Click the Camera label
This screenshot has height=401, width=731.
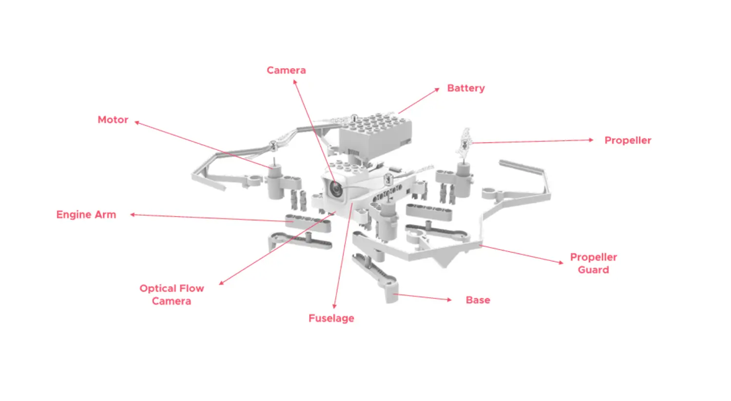286,70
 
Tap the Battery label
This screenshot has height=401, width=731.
466,88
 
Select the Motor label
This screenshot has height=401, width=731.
113,120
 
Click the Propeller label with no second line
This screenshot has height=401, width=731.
628,140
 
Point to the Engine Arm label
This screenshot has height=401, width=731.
86,215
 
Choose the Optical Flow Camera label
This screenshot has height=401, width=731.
172,294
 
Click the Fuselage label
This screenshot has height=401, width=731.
331,318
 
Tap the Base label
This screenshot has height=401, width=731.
478,300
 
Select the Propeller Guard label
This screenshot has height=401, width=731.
593,263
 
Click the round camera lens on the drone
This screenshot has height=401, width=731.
335,188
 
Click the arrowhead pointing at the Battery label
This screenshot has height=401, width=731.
437,90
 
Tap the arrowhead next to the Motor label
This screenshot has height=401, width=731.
137,122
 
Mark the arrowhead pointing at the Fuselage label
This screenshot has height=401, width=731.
334,306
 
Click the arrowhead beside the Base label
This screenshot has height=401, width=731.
449,300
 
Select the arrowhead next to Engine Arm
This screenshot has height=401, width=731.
133,215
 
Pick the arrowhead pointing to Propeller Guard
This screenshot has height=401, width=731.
561,263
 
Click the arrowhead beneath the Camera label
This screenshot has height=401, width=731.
294,82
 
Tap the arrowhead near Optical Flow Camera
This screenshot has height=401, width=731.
221,283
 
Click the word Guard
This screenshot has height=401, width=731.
593,270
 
